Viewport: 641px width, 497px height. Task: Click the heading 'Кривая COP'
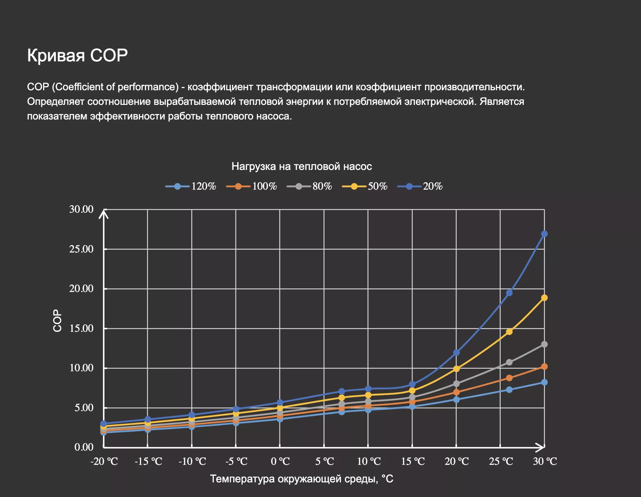point(77,56)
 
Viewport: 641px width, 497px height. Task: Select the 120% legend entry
point(191,186)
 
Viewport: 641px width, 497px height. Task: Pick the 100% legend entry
point(252,186)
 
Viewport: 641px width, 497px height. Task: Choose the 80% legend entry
point(310,186)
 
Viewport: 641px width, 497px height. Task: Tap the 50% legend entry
point(365,186)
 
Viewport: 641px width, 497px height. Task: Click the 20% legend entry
point(420,186)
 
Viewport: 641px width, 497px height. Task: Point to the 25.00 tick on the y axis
point(81,249)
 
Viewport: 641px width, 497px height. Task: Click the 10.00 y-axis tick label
point(81,368)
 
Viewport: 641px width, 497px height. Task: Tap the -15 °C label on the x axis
point(148,462)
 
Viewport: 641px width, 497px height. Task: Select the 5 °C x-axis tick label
point(325,462)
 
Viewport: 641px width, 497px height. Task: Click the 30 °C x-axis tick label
point(545,462)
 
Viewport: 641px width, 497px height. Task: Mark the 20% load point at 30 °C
point(544,234)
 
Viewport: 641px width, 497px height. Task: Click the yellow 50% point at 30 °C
point(544,298)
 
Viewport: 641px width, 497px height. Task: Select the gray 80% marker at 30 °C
point(544,344)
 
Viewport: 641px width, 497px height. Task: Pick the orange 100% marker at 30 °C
point(544,367)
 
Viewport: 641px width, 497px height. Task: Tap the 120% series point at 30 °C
point(544,382)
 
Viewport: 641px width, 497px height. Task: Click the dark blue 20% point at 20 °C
point(456,353)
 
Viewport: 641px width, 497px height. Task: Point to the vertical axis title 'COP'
point(57,320)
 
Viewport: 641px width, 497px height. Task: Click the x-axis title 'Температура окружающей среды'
point(301,479)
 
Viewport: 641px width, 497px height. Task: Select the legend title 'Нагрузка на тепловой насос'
point(301,167)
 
